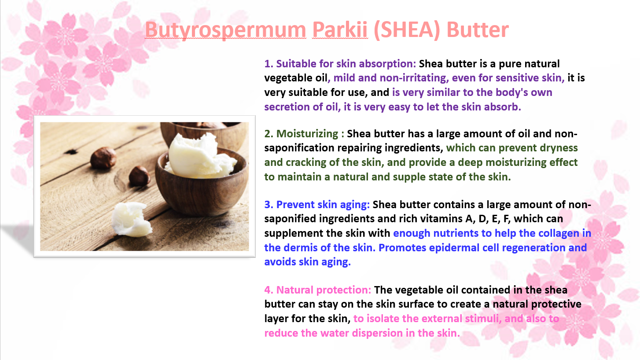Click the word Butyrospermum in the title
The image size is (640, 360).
click(x=225, y=30)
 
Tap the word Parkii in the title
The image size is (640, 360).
click(x=340, y=29)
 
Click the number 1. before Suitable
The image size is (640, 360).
click(x=269, y=64)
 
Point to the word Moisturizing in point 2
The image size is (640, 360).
click(x=307, y=134)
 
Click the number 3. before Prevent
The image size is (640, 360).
click(x=269, y=205)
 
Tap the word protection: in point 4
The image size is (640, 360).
click(x=344, y=290)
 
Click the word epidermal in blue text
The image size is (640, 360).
click(x=454, y=248)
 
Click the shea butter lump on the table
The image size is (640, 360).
click(x=131, y=219)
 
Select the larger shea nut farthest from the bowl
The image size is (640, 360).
click(x=103, y=158)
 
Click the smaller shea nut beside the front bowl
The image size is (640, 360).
click(x=140, y=176)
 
